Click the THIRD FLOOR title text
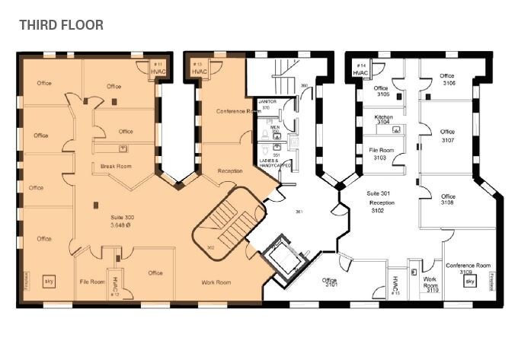[x=61, y=25]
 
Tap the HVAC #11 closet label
[x=158, y=68]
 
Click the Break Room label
[x=112, y=166]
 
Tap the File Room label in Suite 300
[x=92, y=282]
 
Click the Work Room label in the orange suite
[x=216, y=282]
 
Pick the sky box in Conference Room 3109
[x=469, y=282]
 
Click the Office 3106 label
[x=447, y=79]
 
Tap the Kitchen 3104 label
[x=382, y=119]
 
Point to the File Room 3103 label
[x=381, y=154]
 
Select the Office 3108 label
[x=447, y=199]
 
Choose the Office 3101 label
[x=331, y=282]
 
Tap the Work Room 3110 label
[x=431, y=284]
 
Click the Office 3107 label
[x=447, y=136]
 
